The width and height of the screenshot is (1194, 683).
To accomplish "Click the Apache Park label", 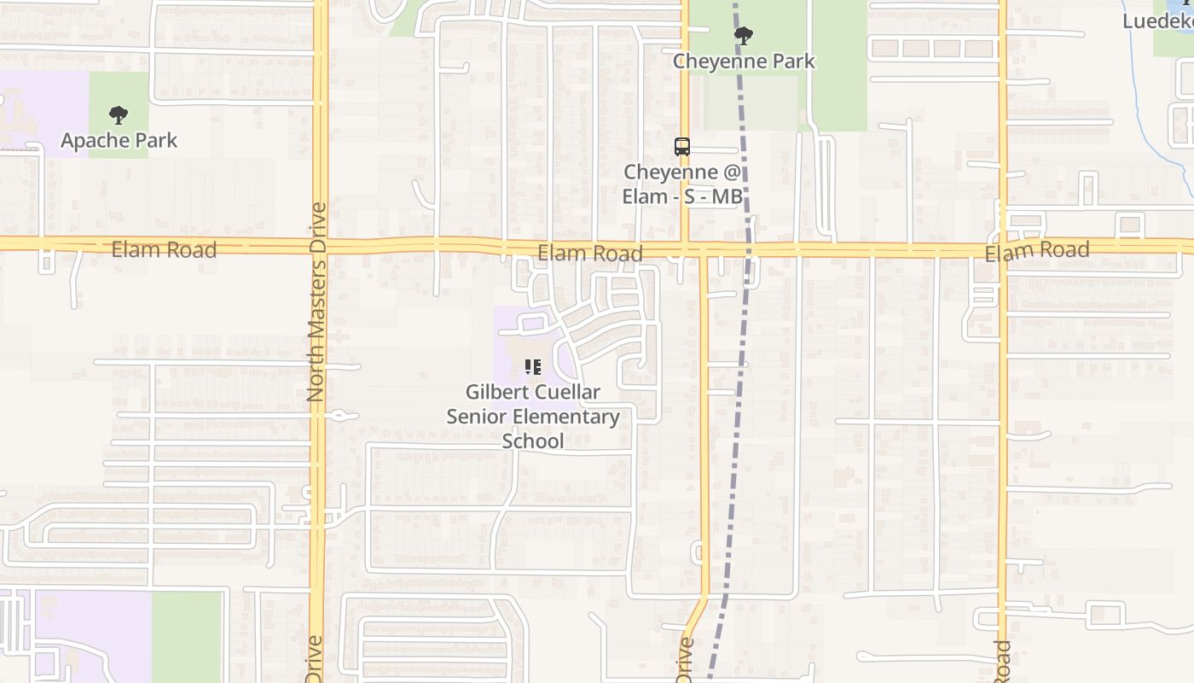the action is pyautogui.click(x=119, y=140).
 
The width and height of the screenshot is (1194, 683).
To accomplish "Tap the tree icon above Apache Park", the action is pyautogui.click(x=119, y=115).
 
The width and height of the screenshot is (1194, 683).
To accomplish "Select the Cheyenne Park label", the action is pyautogui.click(x=744, y=61).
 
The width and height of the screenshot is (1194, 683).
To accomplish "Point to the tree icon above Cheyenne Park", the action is pyautogui.click(x=744, y=35).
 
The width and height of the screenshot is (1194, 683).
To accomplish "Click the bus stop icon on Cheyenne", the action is pyautogui.click(x=681, y=146).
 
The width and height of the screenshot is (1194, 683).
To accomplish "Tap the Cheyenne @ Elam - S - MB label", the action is pyautogui.click(x=681, y=184).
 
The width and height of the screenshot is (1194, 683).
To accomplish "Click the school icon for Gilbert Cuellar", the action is pyautogui.click(x=533, y=368).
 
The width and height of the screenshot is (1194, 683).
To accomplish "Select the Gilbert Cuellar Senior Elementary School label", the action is pyautogui.click(x=533, y=416).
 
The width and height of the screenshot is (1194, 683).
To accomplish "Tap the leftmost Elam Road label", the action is pyautogui.click(x=164, y=249).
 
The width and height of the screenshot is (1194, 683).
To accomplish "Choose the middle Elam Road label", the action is pyautogui.click(x=589, y=254).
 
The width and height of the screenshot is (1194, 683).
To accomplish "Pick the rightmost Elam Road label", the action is pyautogui.click(x=1037, y=252).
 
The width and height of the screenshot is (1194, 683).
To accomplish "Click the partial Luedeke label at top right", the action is pyautogui.click(x=1156, y=20).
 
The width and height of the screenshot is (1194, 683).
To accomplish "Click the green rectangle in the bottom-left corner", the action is pyautogui.click(x=186, y=636).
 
